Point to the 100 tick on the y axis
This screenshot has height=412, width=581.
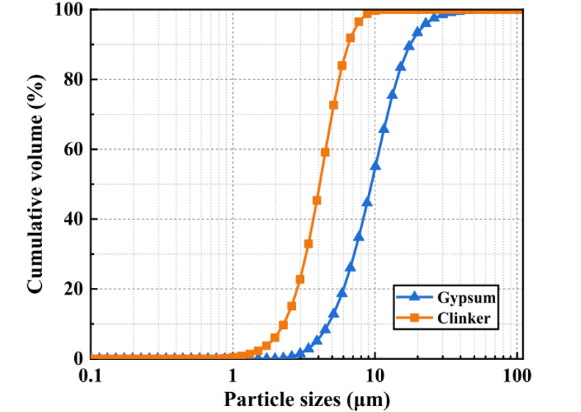pyautogui.click(x=68, y=10)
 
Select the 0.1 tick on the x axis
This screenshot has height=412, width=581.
pyautogui.click(x=91, y=374)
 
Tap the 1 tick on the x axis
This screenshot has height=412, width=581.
pyautogui.click(x=233, y=374)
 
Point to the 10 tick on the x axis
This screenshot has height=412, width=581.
pyautogui.click(x=375, y=374)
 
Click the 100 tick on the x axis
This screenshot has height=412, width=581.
pyautogui.click(x=517, y=374)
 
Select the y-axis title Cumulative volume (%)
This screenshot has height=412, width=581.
pyautogui.click(x=35, y=184)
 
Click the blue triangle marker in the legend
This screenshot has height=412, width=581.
pyautogui.click(x=414, y=297)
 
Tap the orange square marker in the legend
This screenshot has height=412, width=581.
pyautogui.click(x=414, y=318)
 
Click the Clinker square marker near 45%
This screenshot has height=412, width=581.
pyautogui.click(x=317, y=200)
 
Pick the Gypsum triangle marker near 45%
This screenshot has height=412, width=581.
pyautogui.click(x=367, y=200)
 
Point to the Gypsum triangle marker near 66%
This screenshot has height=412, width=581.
pyautogui.click(x=383, y=129)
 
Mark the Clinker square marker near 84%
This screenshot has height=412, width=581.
pyautogui.click(x=342, y=65)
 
